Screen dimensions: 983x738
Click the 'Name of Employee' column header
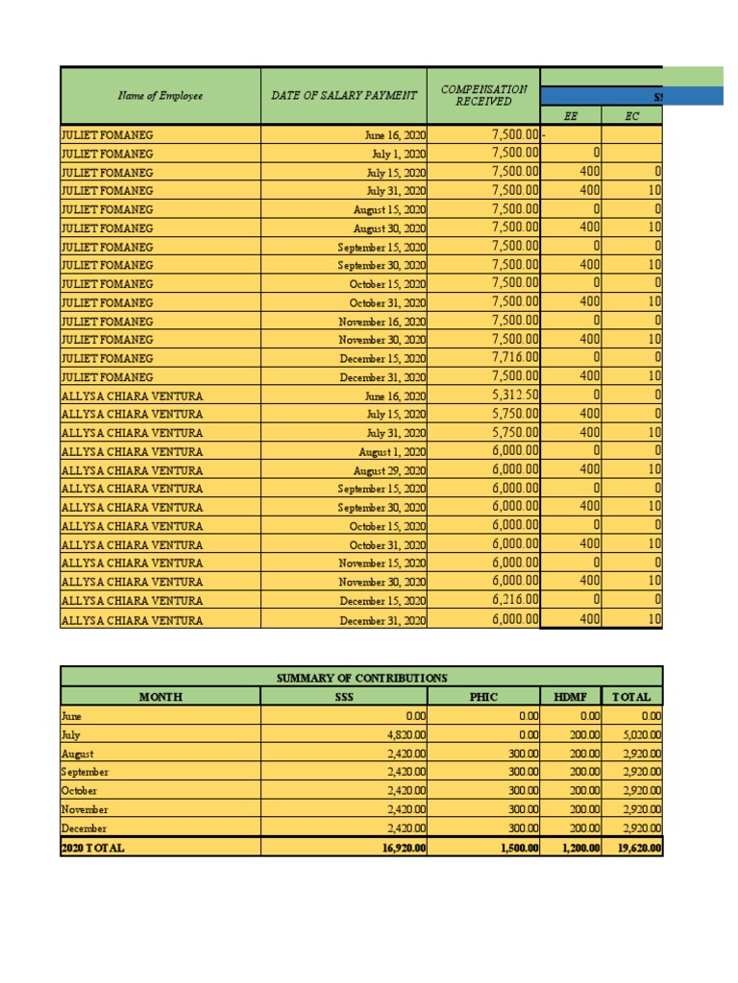pyautogui.click(x=160, y=96)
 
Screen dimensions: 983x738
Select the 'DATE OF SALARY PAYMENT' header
pyautogui.click(x=343, y=96)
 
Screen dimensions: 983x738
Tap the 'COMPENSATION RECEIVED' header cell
pyautogui.click(x=483, y=95)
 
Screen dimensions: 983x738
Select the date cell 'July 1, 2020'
pyautogui.click(x=398, y=154)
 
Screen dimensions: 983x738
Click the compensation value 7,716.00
pyautogui.click(x=515, y=358)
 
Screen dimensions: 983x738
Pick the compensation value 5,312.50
pyautogui.click(x=515, y=396)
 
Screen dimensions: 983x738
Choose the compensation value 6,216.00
pyautogui.click(x=515, y=600)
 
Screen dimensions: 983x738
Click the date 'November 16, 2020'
pyautogui.click(x=381, y=322)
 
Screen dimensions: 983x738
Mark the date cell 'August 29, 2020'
pyautogui.click(x=389, y=470)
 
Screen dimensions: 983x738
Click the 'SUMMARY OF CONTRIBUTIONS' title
pyautogui.click(x=361, y=679)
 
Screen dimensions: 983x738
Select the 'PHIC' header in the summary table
pyautogui.click(x=483, y=697)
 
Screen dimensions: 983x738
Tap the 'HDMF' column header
pyautogui.click(x=571, y=697)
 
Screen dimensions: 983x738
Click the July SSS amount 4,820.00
pyautogui.click(x=404, y=734)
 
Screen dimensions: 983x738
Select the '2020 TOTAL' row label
pyautogui.click(x=92, y=848)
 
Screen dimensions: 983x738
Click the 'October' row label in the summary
pyautogui.click(x=79, y=790)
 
